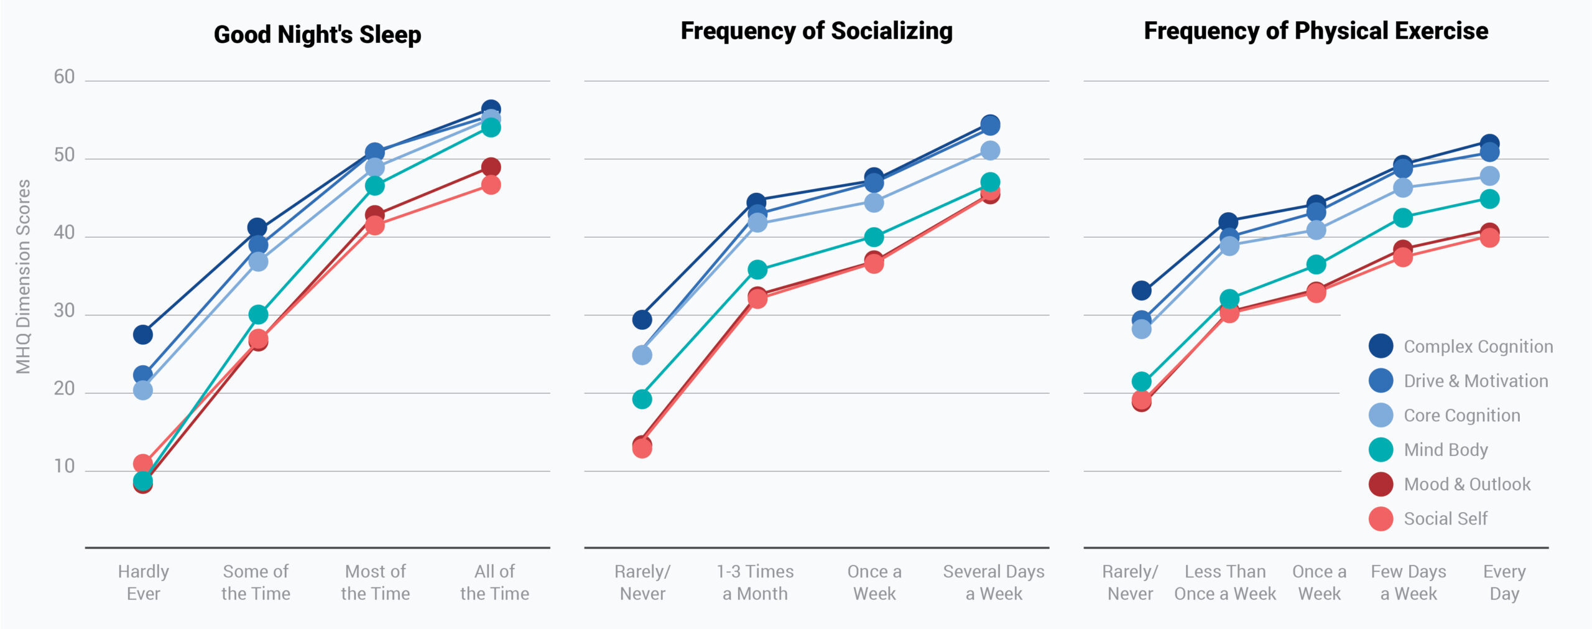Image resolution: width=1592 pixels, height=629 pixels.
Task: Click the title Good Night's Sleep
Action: (x=317, y=35)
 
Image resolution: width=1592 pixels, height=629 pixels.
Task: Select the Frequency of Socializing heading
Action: (x=816, y=31)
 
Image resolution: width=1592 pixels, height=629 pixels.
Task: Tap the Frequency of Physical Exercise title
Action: (x=1315, y=31)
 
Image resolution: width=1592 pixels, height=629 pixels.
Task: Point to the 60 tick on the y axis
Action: (x=64, y=77)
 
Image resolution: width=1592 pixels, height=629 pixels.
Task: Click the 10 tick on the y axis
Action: (x=64, y=467)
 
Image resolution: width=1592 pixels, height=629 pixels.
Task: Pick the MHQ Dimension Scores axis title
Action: (x=24, y=277)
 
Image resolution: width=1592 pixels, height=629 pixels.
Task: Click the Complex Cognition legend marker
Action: (x=1381, y=346)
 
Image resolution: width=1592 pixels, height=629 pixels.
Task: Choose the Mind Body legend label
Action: (x=1445, y=450)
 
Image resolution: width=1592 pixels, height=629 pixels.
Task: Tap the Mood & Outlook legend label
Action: (x=1467, y=484)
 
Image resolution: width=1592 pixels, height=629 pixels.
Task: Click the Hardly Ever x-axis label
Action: (x=144, y=582)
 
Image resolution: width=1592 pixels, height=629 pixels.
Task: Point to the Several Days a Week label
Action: (x=994, y=582)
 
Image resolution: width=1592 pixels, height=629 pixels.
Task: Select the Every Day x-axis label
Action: (x=1504, y=582)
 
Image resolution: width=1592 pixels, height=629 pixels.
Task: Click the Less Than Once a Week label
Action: (x=1225, y=582)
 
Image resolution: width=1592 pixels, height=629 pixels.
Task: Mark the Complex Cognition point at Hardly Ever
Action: (x=143, y=335)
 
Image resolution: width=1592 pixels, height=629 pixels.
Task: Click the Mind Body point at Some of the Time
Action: (x=258, y=315)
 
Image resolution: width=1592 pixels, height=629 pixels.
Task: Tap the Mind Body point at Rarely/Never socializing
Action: (x=642, y=399)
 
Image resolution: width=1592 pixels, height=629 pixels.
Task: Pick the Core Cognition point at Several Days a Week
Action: (x=990, y=151)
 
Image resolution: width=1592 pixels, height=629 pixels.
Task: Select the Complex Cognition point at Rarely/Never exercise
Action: (x=1141, y=291)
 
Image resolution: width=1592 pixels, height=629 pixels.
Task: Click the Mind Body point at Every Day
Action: (x=1489, y=199)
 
